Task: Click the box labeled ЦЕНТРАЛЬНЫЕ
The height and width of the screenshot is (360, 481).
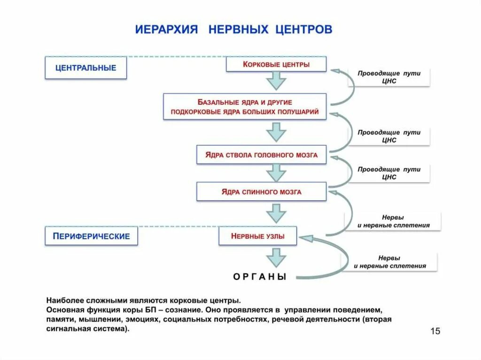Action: click(85, 68)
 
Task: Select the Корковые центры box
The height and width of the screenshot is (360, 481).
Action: click(276, 64)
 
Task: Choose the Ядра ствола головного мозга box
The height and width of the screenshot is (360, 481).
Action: click(261, 154)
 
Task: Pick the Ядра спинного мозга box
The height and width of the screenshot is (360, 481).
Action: click(261, 191)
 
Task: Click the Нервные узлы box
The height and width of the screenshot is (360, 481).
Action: click(257, 236)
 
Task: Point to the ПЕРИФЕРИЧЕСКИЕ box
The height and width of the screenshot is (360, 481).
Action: click(91, 236)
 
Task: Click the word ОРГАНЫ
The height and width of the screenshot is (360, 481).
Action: click(260, 277)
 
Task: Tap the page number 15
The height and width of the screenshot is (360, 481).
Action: click(435, 331)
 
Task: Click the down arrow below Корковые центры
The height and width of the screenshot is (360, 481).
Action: click(276, 82)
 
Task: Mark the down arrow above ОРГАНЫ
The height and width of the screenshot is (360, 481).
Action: click(276, 258)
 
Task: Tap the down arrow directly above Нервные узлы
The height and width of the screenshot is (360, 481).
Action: click(276, 214)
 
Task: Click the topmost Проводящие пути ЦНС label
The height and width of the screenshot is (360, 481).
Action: click(389, 77)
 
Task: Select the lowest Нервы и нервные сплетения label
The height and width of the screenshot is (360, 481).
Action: click(389, 262)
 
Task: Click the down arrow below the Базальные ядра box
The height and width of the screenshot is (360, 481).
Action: click(276, 131)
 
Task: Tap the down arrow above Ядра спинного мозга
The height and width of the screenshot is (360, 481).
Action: click(276, 172)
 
